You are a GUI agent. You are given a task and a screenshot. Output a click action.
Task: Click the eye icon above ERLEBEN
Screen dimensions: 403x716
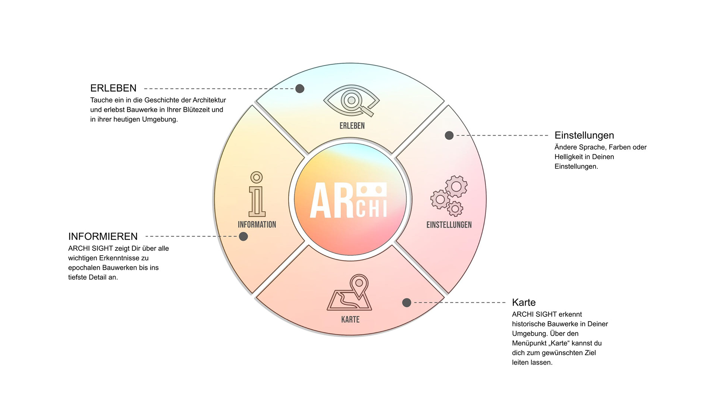tap(351, 100)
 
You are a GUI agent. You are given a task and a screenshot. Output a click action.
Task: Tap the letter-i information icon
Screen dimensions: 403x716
tap(257, 194)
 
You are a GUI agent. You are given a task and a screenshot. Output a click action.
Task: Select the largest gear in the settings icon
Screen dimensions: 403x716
tap(456, 186)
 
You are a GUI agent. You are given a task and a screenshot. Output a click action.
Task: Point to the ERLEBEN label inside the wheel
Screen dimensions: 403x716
tap(352, 126)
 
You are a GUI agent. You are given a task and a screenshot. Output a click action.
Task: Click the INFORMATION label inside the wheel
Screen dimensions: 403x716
tap(257, 225)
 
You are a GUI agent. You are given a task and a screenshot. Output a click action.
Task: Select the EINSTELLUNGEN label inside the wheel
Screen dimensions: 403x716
tap(449, 225)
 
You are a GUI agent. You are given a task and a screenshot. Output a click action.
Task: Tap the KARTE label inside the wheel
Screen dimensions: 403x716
tap(350, 319)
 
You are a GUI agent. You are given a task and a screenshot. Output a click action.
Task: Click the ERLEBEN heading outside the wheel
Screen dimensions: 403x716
tap(113, 88)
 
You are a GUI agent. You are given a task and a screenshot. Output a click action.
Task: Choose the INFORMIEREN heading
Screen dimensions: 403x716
tap(103, 236)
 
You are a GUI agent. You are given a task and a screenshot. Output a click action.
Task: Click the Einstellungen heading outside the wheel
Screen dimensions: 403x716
tap(584, 135)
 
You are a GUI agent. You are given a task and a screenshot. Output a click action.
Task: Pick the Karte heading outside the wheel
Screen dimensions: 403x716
tap(524, 302)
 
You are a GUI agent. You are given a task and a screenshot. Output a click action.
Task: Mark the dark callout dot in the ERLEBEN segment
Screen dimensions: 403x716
tap(300, 88)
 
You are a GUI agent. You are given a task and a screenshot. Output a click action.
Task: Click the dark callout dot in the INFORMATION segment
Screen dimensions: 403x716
tap(244, 236)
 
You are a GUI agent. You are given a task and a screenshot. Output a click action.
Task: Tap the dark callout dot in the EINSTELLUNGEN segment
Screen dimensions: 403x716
tap(449, 135)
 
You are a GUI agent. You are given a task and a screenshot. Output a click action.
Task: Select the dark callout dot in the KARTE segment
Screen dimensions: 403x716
tap(406, 303)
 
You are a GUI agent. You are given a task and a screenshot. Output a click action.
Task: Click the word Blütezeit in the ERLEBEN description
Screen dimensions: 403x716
tap(191, 110)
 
